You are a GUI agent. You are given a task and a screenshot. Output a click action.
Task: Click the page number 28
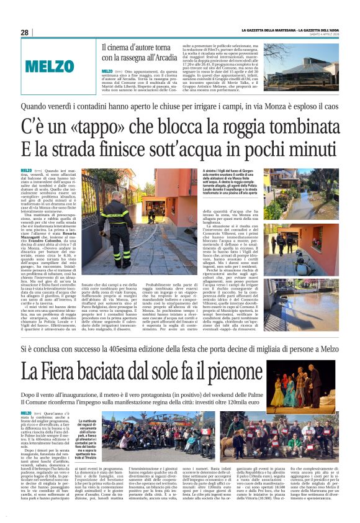tap(25, 32)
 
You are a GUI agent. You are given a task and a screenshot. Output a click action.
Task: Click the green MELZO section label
tap(50, 66)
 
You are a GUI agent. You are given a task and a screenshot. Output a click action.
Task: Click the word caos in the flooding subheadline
tap(328, 106)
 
